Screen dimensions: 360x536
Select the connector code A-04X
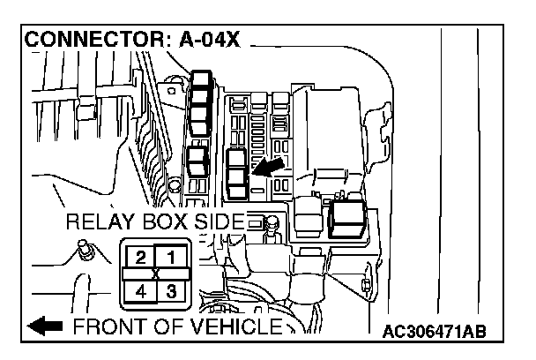213,41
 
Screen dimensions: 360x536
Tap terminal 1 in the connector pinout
172,258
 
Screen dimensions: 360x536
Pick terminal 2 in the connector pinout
140,258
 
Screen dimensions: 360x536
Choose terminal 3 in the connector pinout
172,289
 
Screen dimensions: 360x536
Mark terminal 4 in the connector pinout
140,289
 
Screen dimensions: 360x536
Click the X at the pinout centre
156,274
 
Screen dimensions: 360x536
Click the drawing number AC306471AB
435,333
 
